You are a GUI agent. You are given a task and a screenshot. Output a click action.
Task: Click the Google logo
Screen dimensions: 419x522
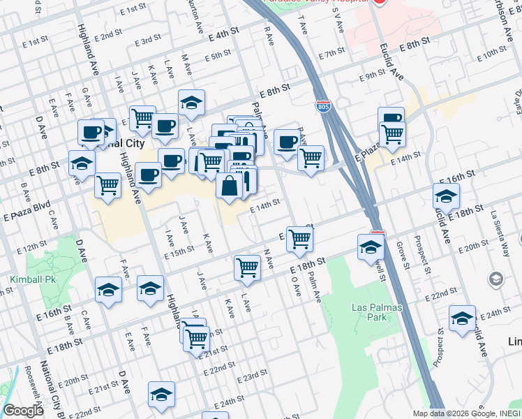coord(23,411)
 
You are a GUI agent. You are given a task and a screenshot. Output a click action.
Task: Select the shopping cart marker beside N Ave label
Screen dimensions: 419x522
coord(247,267)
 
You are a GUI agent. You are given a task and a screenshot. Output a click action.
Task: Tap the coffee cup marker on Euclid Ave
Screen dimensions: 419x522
coord(391,119)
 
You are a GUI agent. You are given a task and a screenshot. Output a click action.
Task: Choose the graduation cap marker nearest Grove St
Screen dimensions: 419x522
coord(371,246)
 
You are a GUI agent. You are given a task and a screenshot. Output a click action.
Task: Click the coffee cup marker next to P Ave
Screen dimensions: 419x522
coord(286,142)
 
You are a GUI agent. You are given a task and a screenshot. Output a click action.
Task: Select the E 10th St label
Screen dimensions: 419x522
coord(493,51)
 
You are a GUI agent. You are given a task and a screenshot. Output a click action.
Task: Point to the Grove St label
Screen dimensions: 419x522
coord(401,254)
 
